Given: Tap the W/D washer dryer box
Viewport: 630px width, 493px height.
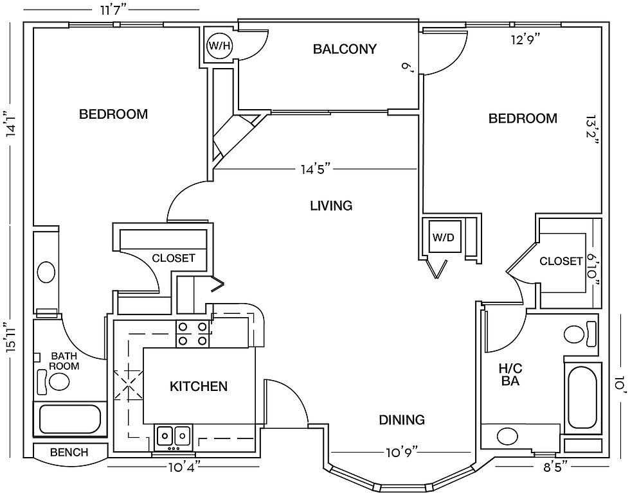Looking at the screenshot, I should pos(443,237).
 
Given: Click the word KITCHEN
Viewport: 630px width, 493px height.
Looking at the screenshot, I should pos(198,386).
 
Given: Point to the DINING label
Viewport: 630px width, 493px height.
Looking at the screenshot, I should pos(401,420).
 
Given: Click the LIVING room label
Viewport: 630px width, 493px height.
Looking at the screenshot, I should pos(331,205).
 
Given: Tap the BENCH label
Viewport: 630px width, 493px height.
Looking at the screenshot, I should pos(69,452).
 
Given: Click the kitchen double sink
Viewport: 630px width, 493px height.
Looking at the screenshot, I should pos(174,436).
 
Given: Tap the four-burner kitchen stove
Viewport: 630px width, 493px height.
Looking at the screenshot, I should pos(194,334).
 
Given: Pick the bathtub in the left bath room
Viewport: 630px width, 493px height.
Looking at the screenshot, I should pos(69,419).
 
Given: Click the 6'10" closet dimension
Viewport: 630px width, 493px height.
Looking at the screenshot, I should pos(593,269).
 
